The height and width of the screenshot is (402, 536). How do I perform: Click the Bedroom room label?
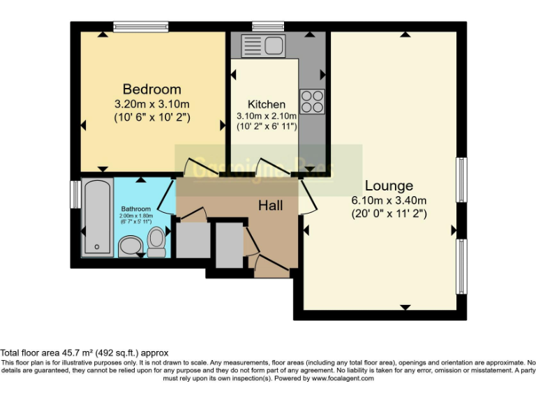151,89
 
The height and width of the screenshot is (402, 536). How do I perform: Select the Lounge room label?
389,186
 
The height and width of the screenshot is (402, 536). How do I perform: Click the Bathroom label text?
135,209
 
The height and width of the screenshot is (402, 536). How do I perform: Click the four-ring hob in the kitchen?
312,102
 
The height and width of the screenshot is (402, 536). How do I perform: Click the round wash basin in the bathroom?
129,246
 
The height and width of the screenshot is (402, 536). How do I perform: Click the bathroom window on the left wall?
75,194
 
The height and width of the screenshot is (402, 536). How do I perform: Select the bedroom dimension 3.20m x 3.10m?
151,103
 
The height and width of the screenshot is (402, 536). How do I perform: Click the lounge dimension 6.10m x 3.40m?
389,200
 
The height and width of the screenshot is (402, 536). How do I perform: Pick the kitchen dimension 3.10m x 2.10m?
266,116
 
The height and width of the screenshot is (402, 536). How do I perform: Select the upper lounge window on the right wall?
461,179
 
